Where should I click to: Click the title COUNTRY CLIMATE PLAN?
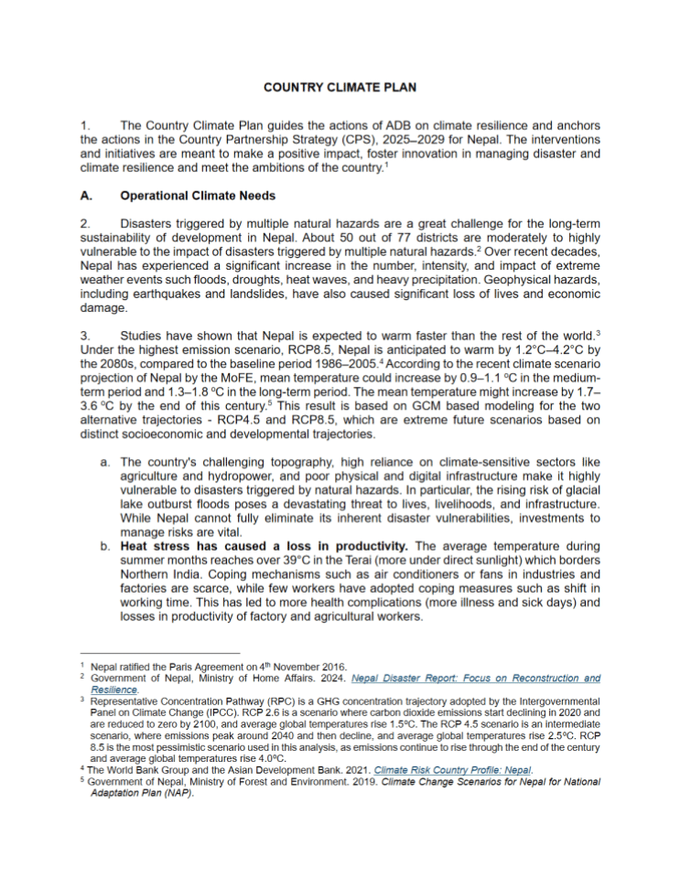coord(340,88)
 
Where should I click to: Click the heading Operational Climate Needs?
coord(198,196)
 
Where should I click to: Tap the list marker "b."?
coord(105,545)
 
